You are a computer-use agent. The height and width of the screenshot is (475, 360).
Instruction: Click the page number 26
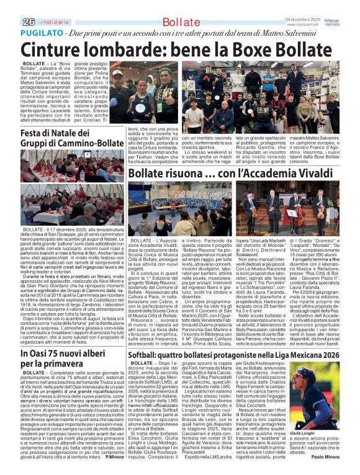tap(11, 21)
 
